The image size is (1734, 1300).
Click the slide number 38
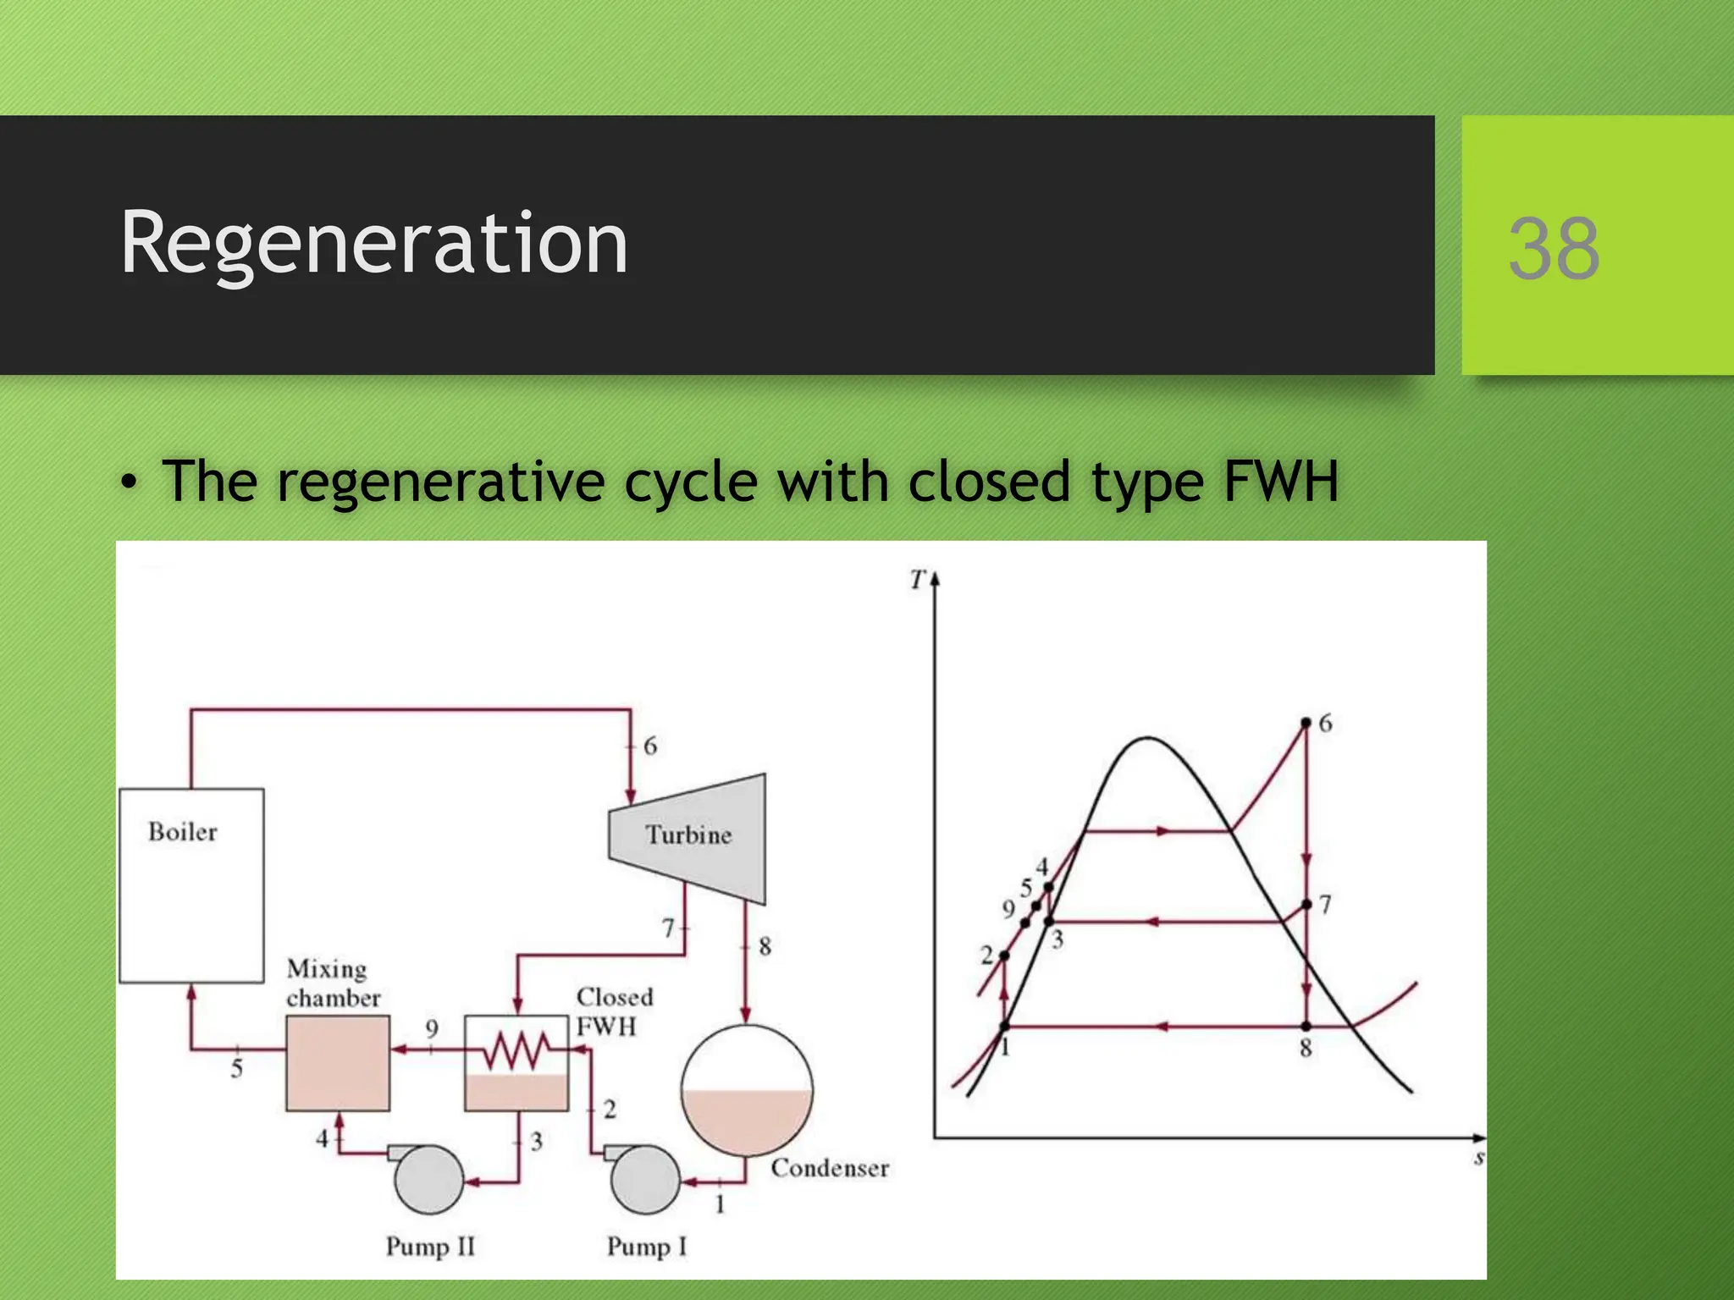[x=1554, y=248]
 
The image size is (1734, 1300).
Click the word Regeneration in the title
[x=373, y=243]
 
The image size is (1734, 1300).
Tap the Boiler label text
[x=183, y=832]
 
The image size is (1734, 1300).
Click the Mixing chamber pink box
[x=338, y=1063]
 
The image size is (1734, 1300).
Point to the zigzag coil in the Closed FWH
[x=516, y=1051]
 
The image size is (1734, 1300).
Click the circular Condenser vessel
[x=747, y=1090]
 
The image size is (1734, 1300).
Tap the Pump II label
[x=430, y=1247]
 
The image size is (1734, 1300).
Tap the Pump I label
[x=647, y=1247]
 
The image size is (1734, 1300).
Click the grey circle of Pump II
[x=428, y=1180]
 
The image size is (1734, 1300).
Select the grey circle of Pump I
[x=645, y=1180]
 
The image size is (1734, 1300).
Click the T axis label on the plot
[x=918, y=581]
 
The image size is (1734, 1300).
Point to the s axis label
[x=1478, y=1157]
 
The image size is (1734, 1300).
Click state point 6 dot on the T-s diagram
[x=1306, y=723]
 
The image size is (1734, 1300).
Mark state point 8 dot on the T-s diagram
[x=1306, y=1027]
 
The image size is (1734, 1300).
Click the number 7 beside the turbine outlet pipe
[x=669, y=928]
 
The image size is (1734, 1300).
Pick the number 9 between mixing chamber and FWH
[x=432, y=1028]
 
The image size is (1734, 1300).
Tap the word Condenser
[x=830, y=1169]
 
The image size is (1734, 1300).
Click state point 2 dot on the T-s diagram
[x=1004, y=956]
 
